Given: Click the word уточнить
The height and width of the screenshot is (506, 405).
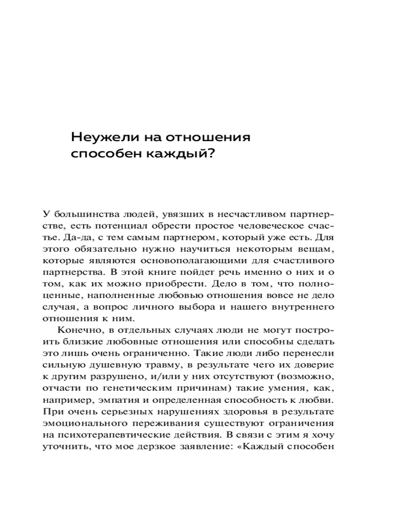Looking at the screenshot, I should (61, 446).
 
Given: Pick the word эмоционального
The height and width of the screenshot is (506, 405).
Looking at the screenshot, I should (76, 423).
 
